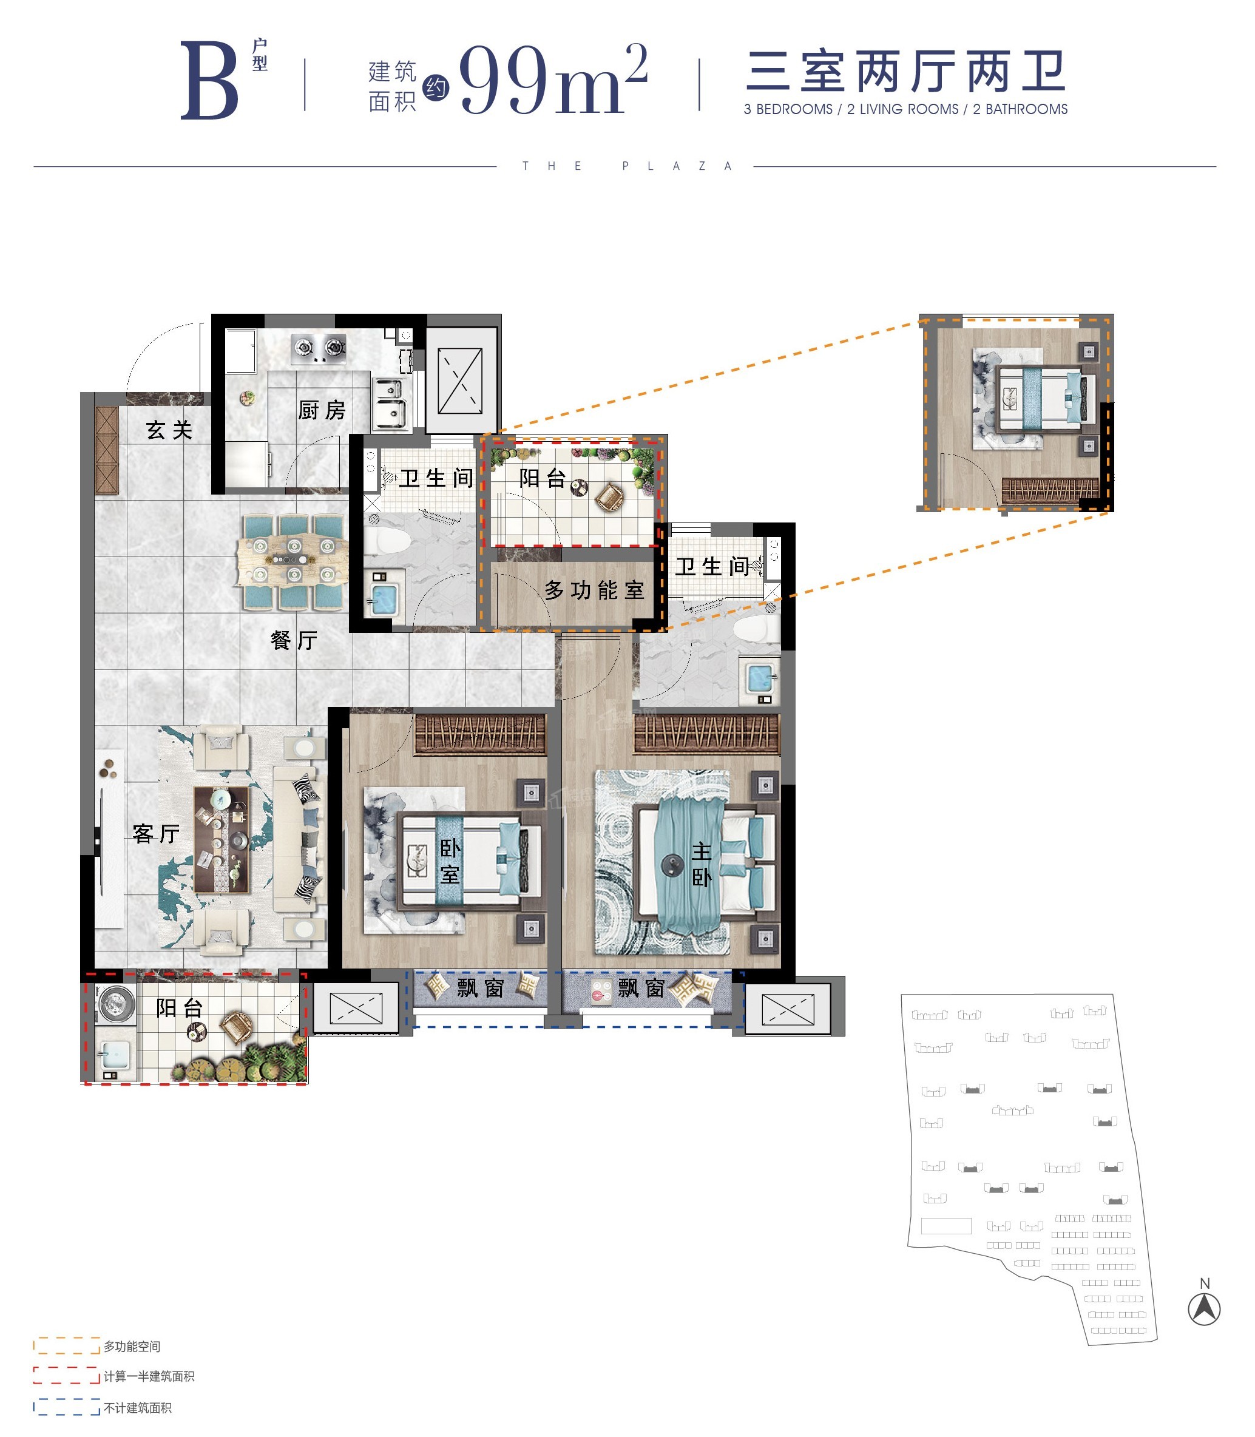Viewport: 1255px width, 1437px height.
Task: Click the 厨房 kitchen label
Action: point(322,410)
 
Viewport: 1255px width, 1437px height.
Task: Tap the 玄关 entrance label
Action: point(169,430)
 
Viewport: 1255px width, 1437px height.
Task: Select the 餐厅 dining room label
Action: point(294,640)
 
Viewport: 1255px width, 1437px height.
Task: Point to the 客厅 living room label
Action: point(156,833)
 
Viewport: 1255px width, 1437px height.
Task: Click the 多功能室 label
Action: point(595,590)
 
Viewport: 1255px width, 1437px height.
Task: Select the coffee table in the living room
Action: point(222,839)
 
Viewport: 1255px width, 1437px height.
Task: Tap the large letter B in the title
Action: point(209,80)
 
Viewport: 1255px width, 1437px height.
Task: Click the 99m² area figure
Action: point(553,79)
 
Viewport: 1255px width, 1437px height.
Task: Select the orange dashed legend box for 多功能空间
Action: point(67,1346)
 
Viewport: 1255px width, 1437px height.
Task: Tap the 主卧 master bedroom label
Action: point(702,864)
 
